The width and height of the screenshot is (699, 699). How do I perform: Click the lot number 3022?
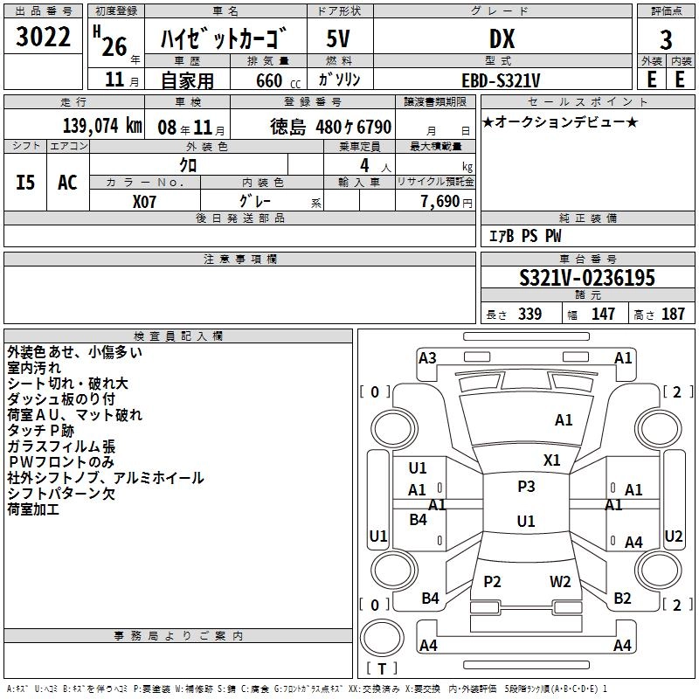click(x=44, y=38)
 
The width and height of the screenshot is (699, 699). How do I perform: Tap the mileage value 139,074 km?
click(x=102, y=126)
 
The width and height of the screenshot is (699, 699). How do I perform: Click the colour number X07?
click(x=145, y=200)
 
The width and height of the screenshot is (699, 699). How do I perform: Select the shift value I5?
click(x=26, y=182)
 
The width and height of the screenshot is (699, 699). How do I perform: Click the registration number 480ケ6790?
click(x=354, y=127)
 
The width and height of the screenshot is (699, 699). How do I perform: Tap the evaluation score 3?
click(x=666, y=40)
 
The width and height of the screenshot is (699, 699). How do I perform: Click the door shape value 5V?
click(x=339, y=39)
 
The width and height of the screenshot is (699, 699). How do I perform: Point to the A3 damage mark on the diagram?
click(x=427, y=358)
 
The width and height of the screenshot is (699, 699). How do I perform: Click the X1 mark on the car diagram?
click(x=551, y=460)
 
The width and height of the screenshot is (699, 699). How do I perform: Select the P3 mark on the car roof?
click(x=526, y=487)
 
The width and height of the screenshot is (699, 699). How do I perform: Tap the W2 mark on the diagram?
click(x=560, y=581)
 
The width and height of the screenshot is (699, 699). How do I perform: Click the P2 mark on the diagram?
click(x=493, y=581)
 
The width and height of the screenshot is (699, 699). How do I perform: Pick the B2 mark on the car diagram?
click(x=622, y=599)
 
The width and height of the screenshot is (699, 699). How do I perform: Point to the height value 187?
click(x=673, y=315)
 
